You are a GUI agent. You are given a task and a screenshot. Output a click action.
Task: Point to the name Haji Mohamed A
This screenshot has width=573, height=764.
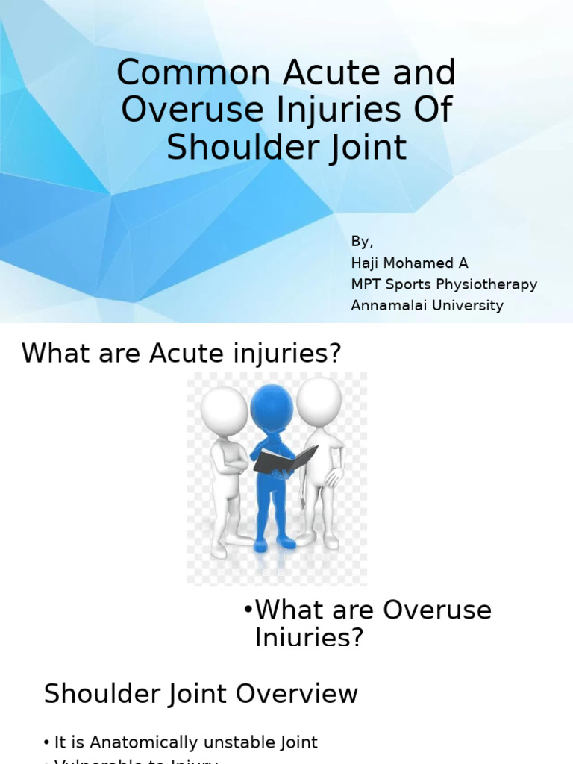click(410, 263)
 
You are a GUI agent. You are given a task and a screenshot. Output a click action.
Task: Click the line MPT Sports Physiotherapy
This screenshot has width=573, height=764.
click(444, 284)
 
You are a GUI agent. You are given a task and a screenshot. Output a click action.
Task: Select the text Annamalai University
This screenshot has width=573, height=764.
click(427, 305)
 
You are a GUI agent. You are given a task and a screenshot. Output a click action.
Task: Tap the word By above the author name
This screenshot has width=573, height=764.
click(361, 242)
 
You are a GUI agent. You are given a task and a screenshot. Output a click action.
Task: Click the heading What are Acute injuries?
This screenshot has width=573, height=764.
click(181, 353)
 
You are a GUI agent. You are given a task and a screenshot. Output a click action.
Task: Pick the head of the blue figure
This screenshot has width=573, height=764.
click(272, 406)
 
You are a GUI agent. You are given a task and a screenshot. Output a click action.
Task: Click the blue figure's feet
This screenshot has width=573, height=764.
click(272, 543)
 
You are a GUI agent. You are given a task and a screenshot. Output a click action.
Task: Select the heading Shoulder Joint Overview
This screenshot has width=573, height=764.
click(201, 694)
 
